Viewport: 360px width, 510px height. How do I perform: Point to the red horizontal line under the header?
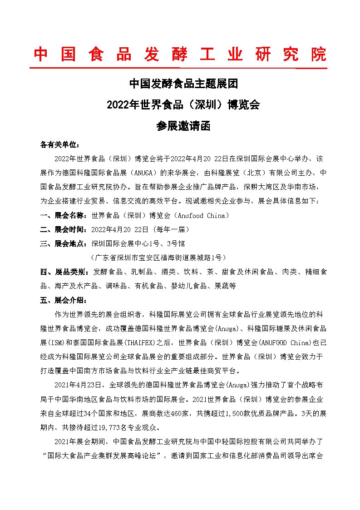pos(178,69)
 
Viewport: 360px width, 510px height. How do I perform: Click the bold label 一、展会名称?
pos(64,215)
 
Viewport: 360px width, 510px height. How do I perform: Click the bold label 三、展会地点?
pos(64,243)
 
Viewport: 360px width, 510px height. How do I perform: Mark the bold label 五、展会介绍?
pos(63,300)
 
